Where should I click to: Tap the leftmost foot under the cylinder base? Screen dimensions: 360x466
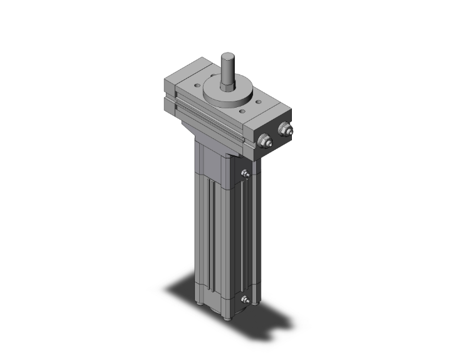pyautogui.click(x=199, y=305)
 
